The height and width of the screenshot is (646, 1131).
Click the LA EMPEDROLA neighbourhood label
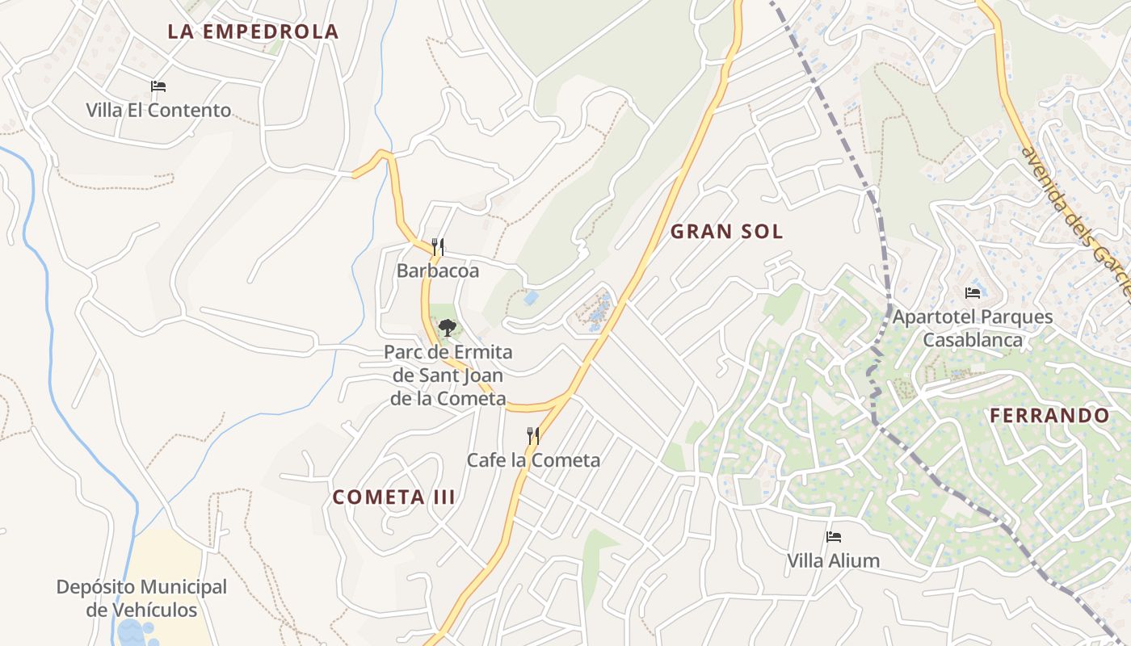pyautogui.click(x=253, y=31)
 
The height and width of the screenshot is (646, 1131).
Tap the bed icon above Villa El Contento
pyautogui.click(x=158, y=86)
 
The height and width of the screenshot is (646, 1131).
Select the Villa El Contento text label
pyautogui.click(x=158, y=111)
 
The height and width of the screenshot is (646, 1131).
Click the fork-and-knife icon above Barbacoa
pyautogui.click(x=438, y=246)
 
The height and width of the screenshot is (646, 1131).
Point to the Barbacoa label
pyautogui.click(x=438, y=271)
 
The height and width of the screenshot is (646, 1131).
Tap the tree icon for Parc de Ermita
pyautogui.click(x=447, y=328)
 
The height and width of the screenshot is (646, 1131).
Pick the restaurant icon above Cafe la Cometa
pyautogui.click(x=533, y=436)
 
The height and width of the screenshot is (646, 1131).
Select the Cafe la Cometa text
pyautogui.click(x=533, y=460)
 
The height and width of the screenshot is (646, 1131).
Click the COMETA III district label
pyautogui.click(x=394, y=497)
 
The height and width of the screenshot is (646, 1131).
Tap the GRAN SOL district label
pyautogui.click(x=727, y=232)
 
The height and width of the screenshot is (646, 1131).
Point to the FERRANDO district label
pyautogui.click(x=1049, y=416)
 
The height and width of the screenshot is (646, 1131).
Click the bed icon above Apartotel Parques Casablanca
pyautogui.click(x=973, y=292)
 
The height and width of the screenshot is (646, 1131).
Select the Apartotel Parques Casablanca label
pyautogui.click(x=973, y=328)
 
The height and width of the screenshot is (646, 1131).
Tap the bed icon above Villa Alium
pyautogui.click(x=834, y=537)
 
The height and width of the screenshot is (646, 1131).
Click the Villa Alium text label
pyautogui.click(x=834, y=560)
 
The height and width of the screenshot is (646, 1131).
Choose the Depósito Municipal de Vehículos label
pyautogui.click(x=141, y=598)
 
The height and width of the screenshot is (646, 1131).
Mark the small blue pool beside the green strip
pyautogui.click(x=531, y=298)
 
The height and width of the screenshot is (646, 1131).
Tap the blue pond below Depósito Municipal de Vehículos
pyautogui.click(x=133, y=633)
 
